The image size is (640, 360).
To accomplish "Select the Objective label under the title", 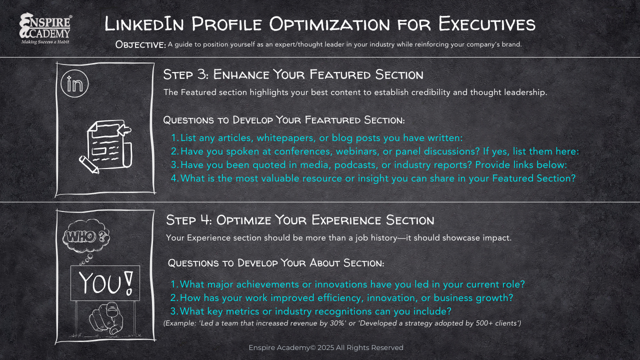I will tap(140, 44).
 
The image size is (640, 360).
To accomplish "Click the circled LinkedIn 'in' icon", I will tap(74, 83).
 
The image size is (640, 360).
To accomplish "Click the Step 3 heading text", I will tap(293, 75).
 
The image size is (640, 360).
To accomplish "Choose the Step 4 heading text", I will tap(300, 220).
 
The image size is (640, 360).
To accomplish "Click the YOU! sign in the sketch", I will tap(105, 283).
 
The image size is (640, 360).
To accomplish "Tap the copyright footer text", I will tap(326, 347).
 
